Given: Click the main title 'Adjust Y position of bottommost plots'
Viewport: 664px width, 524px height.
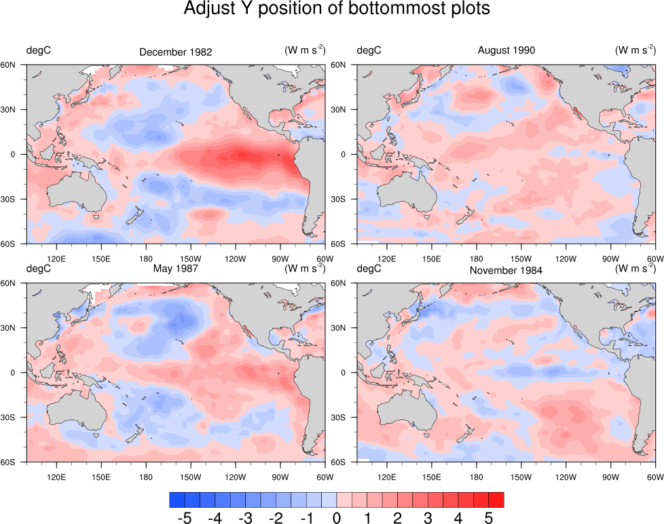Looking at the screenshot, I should [337, 10].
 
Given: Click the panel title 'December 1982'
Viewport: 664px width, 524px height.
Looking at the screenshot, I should [176, 52].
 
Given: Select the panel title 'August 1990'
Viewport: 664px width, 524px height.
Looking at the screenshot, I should [506, 50].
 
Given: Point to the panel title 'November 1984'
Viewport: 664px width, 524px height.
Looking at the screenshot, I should [506, 270].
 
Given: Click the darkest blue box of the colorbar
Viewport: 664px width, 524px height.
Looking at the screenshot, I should [177, 500].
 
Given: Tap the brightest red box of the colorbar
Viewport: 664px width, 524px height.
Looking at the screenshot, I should [496, 500].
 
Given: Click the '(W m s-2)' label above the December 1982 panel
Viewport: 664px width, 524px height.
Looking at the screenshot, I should [304, 50].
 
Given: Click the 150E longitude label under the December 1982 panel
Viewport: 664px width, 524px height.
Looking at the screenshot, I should [100, 259].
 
